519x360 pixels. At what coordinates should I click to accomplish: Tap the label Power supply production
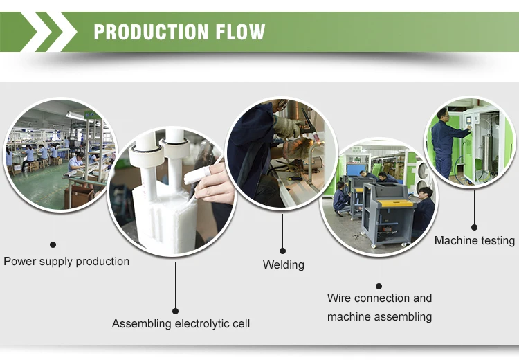(x=66, y=261)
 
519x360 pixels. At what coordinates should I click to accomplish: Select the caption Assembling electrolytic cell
(x=181, y=323)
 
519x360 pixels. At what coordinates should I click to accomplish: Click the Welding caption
(x=283, y=264)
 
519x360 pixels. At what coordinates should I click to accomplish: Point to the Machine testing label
(x=474, y=241)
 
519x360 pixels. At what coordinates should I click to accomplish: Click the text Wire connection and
(x=379, y=298)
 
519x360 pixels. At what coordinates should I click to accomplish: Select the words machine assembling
(x=379, y=317)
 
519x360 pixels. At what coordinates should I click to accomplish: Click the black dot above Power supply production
(x=53, y=244)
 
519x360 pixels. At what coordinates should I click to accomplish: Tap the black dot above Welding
(x=282, y=250)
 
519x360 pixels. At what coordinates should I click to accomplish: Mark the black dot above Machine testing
(x=474, y=226)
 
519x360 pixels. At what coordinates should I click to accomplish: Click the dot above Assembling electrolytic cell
(x=175, y=311)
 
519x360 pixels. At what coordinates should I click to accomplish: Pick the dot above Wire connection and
(x=379, y=285)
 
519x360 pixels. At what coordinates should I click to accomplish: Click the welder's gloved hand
(x=286, y=125)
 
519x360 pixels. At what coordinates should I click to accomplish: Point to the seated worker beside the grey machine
(x=422, y=211)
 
